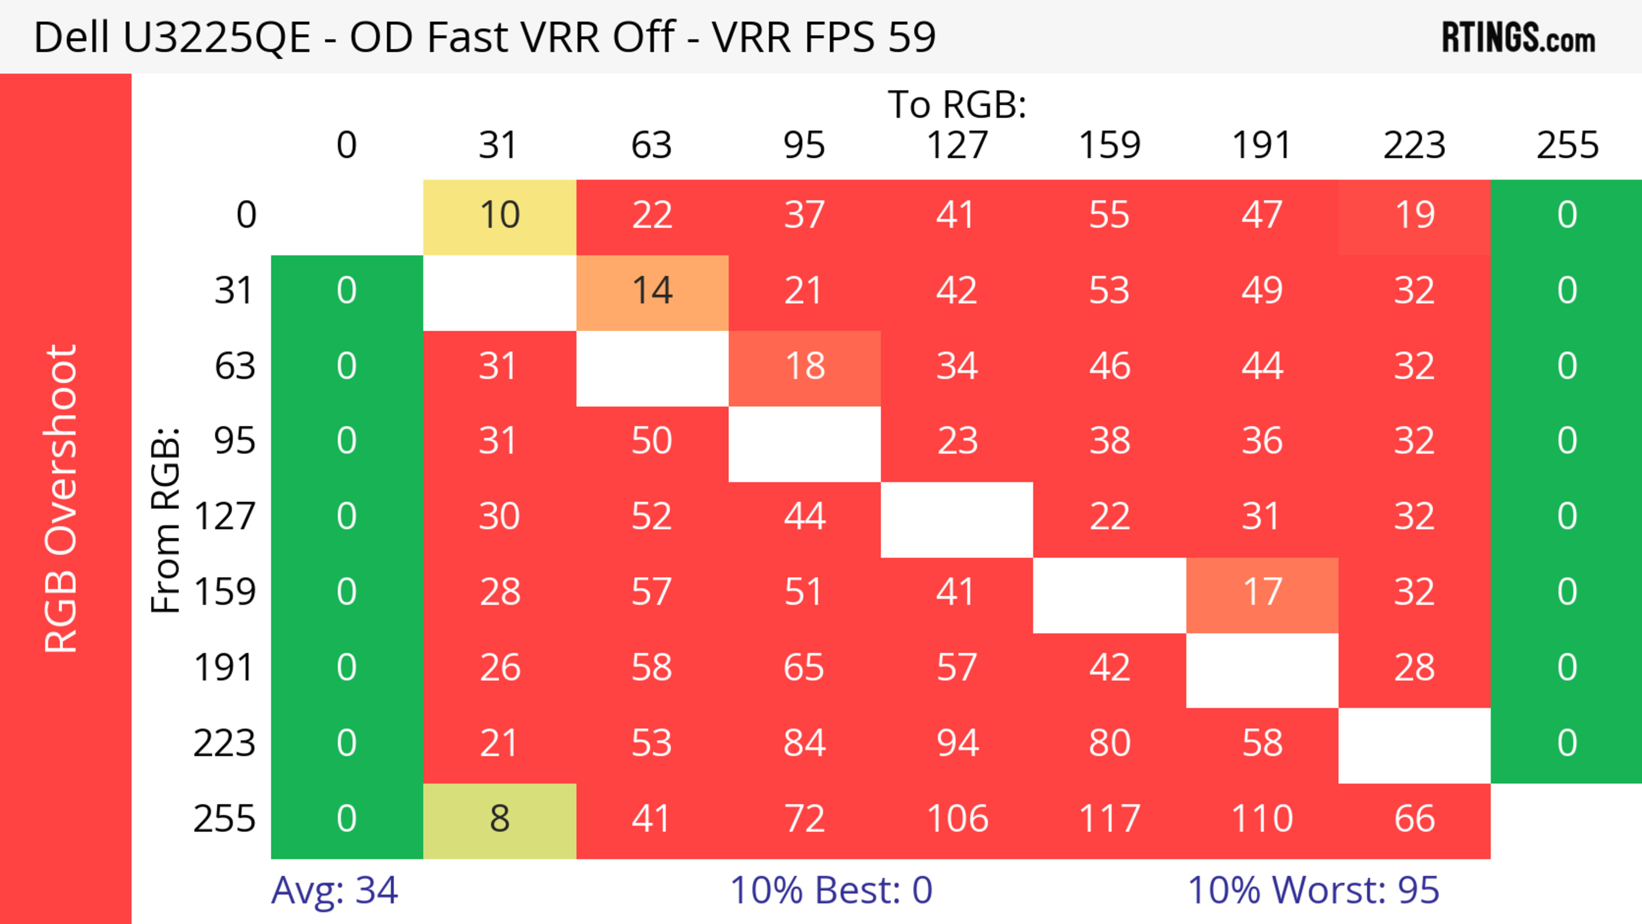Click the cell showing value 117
tap(1109, 819)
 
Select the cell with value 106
tap(957, 819)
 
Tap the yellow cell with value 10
tap(500, 216)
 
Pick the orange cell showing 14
tap(652, 291)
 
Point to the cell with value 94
tap(957, 744)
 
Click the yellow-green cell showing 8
tap(500, 819)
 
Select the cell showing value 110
tap(1262, 819)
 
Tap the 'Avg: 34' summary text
tap(335, 890)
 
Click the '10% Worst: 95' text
tap(1313, 890)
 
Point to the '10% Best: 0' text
tap(830, 890)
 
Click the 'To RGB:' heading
tap(957, 104)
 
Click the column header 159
tap(1109, 145)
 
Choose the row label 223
tap(224, 744)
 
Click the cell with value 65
tap(804, 668)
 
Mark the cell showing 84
tap(804, 744)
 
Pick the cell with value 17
tap(1262, 593)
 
